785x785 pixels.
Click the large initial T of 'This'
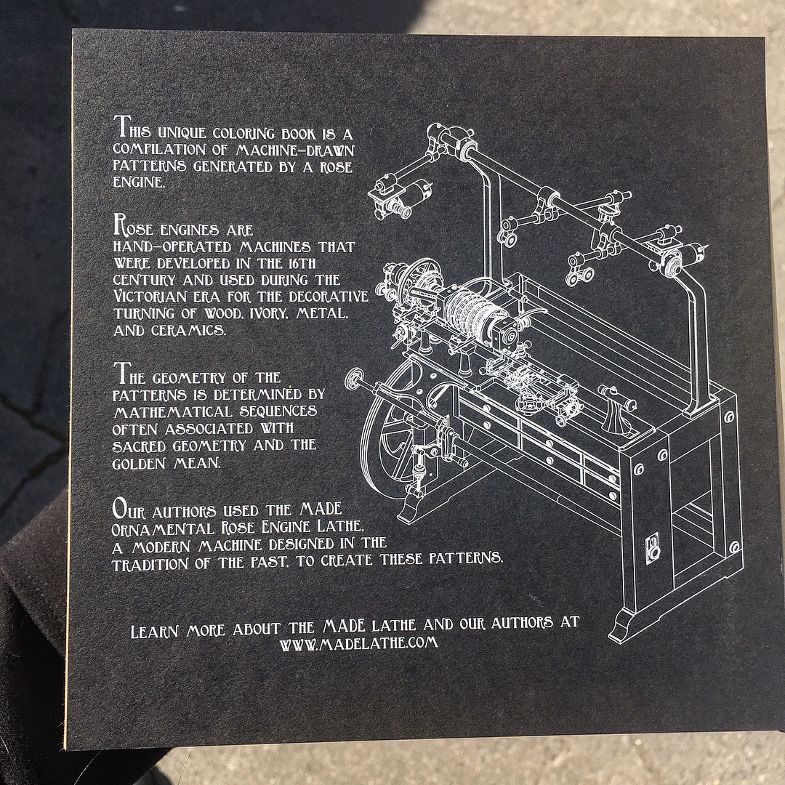(x=121, y=126)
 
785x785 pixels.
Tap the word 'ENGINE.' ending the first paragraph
(x=139, y=182)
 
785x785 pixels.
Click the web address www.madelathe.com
(x=358, y=643)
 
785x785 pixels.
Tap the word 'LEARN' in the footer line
(x=154, y=632)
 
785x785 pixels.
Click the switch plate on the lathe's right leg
(x=653, y=548)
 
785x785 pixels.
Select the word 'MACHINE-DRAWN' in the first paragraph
(x=295, y=150)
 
